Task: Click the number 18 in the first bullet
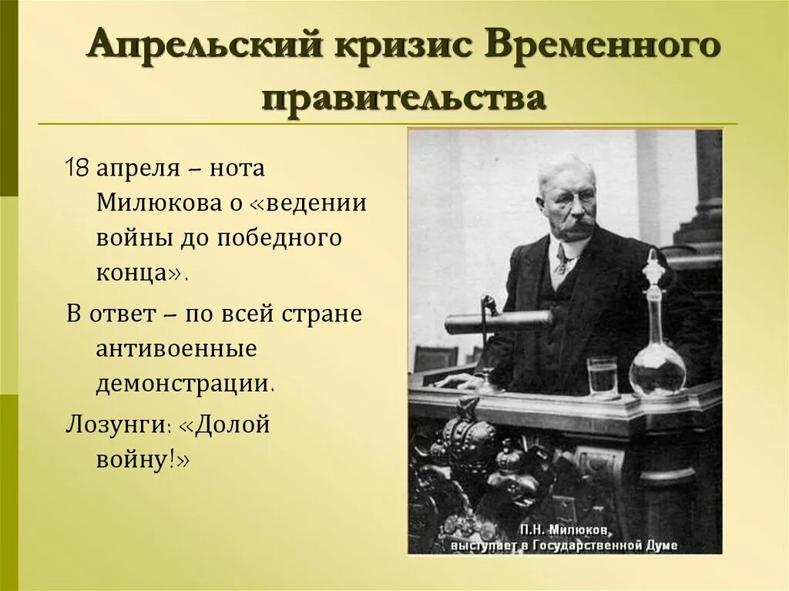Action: (x=78, y=169)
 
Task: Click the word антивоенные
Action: (x=176, y=349)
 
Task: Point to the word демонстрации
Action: (x=184, y=384)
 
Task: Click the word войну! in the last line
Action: (x=143, y=459)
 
